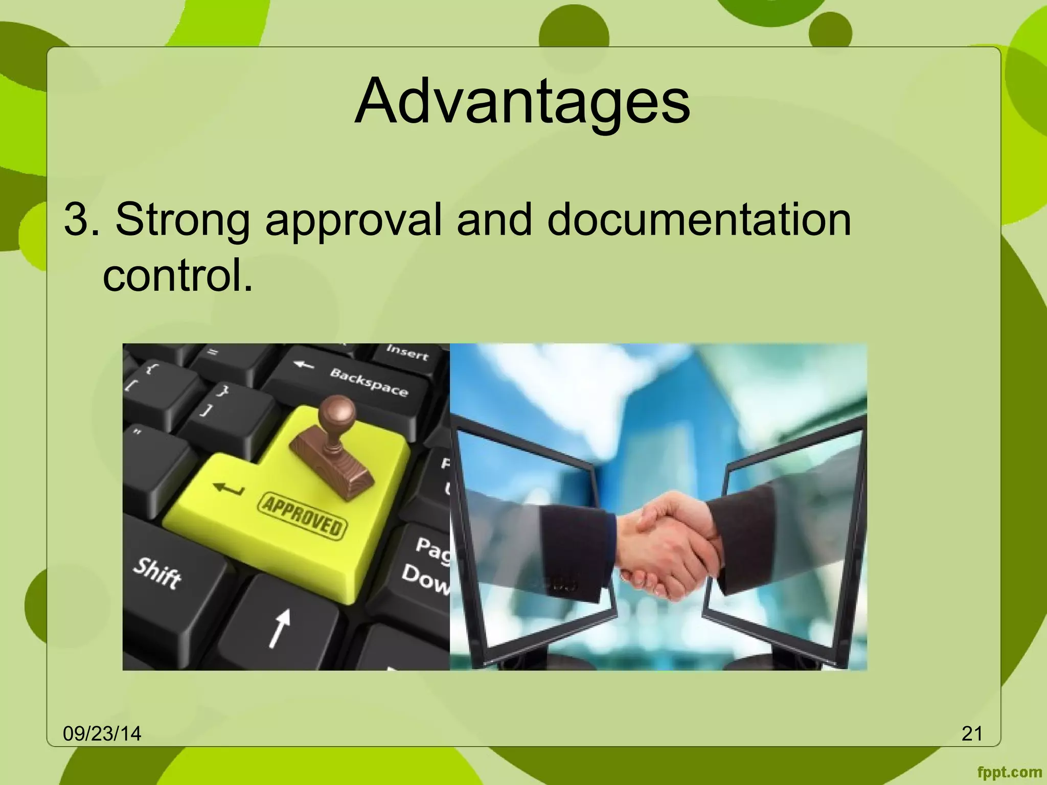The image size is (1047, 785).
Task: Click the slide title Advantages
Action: pos(522,101)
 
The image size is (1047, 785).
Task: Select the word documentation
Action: pos(699,220)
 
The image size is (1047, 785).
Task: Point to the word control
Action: pos(177,276)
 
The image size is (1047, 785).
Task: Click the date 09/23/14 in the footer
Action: pos(102,733)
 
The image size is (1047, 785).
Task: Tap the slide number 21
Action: pos(972,733)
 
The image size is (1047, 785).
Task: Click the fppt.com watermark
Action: pos(1009,772)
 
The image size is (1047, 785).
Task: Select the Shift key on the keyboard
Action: pos(157,572)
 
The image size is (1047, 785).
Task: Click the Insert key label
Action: pos(407,352)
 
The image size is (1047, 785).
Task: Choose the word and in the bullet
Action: pos(494,220)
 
